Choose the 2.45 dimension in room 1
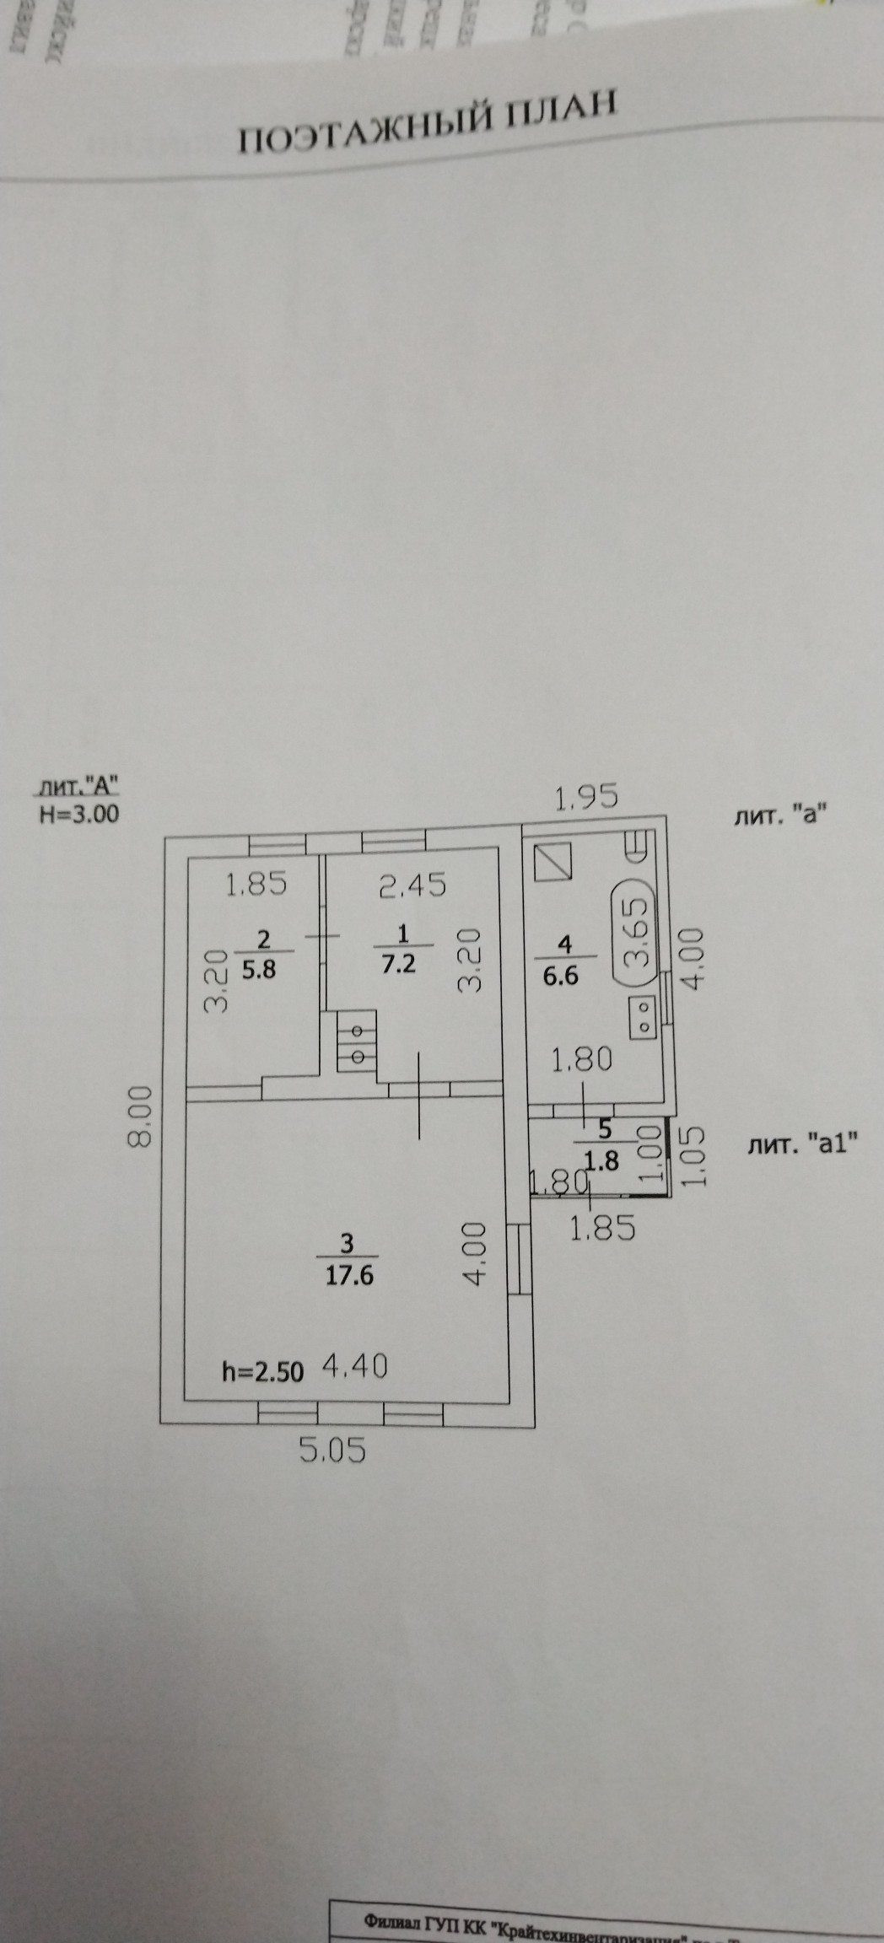pos(413,886)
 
